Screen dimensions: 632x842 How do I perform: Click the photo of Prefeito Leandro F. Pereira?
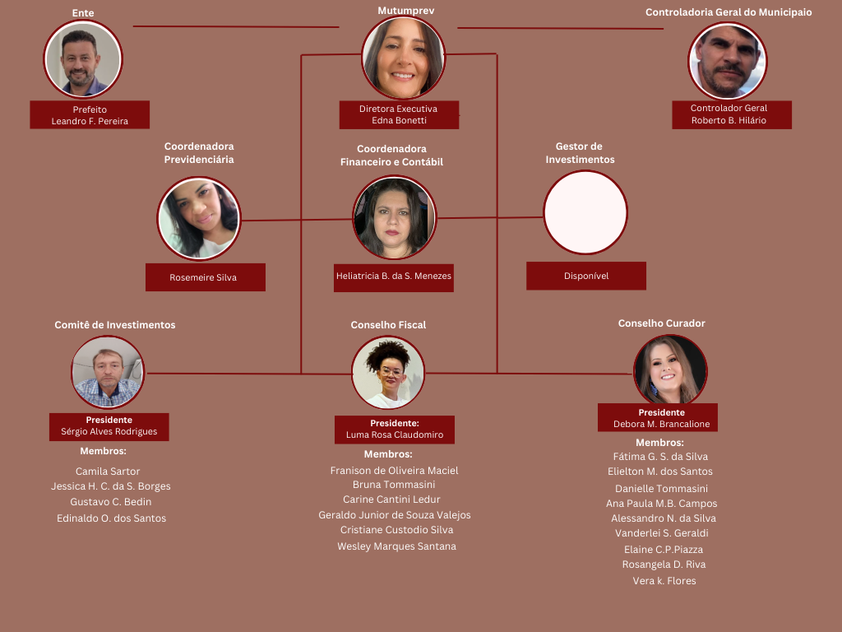click(83, 60)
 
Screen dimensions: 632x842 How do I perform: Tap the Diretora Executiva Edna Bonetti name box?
click(399, 114)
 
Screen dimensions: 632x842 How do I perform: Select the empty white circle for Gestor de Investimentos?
click(585, 212)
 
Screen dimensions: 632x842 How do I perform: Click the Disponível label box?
click(586, 276)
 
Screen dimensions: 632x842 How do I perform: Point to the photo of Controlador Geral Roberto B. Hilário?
click(728, 61)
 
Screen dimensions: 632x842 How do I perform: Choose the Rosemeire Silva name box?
click(205, 277)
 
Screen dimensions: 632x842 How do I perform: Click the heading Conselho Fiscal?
click(388, 325)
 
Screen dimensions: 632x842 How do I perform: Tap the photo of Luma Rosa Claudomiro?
click(388, 373)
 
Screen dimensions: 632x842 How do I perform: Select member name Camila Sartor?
click(108, 472)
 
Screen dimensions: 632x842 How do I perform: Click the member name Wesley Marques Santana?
click(396, 546)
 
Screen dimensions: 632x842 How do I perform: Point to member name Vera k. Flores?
click(664, 581)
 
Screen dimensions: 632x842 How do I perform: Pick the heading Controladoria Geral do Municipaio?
click(729, 12)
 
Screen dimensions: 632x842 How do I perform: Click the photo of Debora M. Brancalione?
click(670, 371)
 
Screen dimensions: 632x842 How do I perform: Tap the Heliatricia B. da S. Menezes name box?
click(394, 276)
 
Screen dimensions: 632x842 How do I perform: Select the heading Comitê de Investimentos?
click(115, 325)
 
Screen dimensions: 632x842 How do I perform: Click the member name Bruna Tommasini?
click(394, 485)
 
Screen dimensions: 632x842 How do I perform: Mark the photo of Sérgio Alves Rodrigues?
click(108, 373)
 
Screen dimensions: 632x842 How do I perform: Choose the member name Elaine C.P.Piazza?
click(664, 550)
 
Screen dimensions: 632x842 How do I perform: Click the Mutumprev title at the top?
click(405, 11)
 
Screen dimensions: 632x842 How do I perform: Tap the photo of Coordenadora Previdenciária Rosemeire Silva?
click(199, 218)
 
